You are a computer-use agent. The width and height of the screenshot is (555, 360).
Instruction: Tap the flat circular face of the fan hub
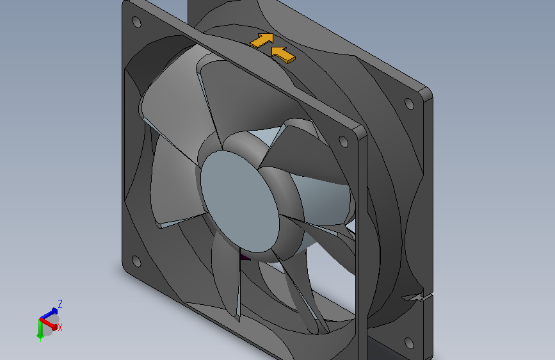coord(239,199)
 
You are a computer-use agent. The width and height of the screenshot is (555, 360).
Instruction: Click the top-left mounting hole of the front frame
coord(136,21)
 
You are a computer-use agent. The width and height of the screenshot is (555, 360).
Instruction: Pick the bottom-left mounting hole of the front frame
coord(136,261)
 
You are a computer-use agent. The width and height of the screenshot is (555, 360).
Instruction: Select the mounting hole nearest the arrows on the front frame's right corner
coord(343,141)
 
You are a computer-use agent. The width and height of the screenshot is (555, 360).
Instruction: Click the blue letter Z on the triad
coord(60,304)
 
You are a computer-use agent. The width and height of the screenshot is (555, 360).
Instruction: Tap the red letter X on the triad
coord(60,327)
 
